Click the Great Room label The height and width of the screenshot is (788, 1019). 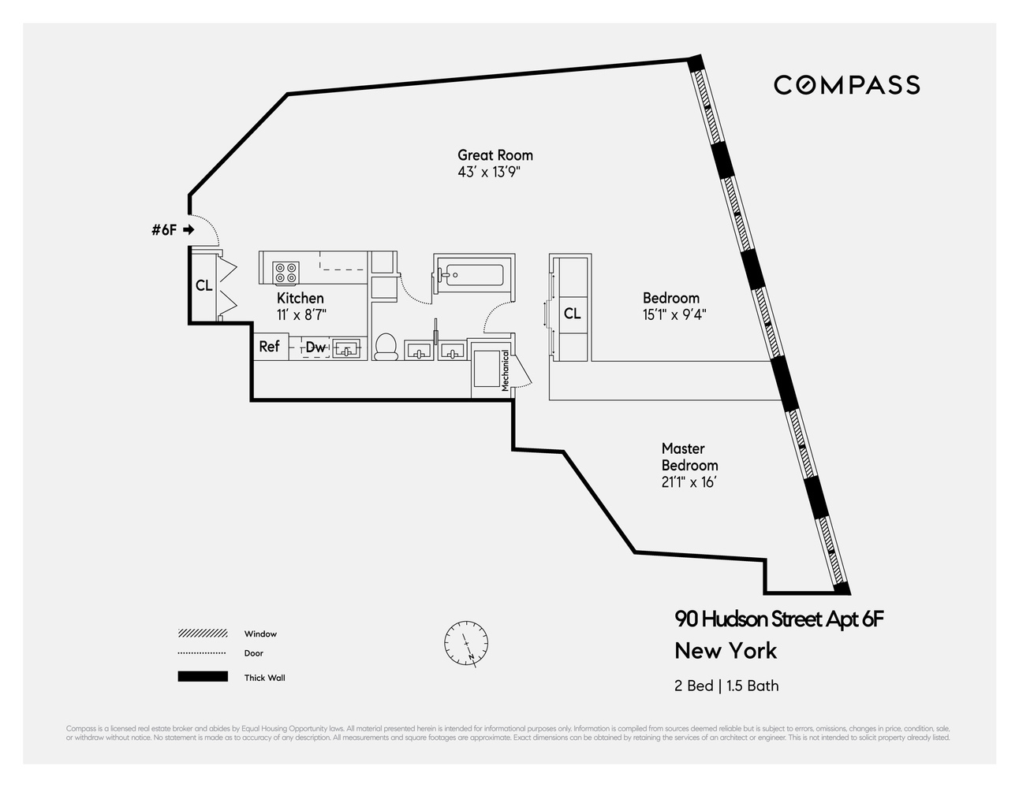coord(495,155)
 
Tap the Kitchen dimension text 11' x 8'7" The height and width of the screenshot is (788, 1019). coord(301,314)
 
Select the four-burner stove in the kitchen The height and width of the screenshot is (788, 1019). coord(286,273)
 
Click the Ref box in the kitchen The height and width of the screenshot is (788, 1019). coord(270,347)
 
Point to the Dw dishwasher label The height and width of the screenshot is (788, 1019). coord(315,348)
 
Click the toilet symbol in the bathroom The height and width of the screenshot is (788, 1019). coord(386,347)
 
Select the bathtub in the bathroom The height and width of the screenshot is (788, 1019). coord(472,275)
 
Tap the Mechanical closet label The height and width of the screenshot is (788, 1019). coord(506,371)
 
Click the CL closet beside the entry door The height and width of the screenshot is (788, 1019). coord(204,285)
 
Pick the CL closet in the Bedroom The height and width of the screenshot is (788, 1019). coord(573,314)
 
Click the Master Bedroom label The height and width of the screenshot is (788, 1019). coord(689,457)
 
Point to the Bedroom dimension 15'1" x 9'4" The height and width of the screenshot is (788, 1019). coord(674,314)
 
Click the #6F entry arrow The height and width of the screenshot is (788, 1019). coord(188,230)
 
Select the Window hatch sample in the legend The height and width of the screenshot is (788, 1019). coord(203,634)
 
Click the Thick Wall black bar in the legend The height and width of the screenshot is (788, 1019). coord(203,677)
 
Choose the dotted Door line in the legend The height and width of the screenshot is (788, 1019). coord(203,653)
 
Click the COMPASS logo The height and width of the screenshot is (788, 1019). coord(846,85)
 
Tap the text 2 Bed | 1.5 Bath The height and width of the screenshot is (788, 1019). coord(726,686)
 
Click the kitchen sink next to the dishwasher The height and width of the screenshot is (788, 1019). coord(346,348)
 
